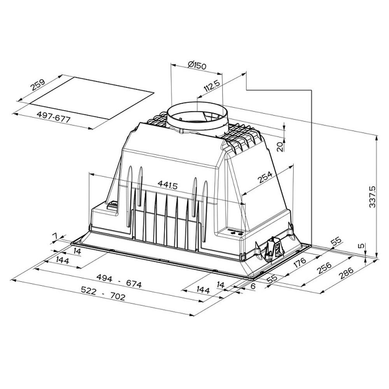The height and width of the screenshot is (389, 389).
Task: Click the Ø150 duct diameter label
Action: (197, 65)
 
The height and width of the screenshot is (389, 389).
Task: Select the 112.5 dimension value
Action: (212, 86)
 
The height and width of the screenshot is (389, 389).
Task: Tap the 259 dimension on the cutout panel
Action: (37, 85)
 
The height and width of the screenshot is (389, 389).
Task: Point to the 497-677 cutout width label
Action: (54, 117)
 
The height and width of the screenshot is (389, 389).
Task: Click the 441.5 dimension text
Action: (168, 185)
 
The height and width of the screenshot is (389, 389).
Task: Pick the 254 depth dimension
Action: (265, 177)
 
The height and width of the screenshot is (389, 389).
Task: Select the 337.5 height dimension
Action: (372, 197)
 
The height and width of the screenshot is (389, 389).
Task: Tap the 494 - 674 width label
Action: (119, 280)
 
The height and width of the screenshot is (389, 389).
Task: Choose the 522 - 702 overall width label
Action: (103, 293)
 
